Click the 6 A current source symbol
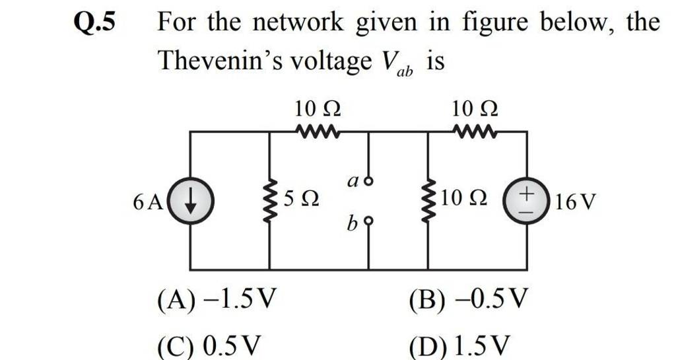[x=190, y=201]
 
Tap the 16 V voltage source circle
[x=526, y=201]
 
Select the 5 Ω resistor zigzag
[x=269, y=201]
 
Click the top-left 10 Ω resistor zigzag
[x=318, y=131]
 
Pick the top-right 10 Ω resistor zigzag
[x=475, y=131]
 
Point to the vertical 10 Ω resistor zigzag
[x=427, y=201]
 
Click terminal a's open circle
[x=368, y=182]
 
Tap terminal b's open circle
[x=368, y=221]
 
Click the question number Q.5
[x=95, y=24]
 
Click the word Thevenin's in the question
[x=220, y=61]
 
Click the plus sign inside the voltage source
[x=526, y=194]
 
